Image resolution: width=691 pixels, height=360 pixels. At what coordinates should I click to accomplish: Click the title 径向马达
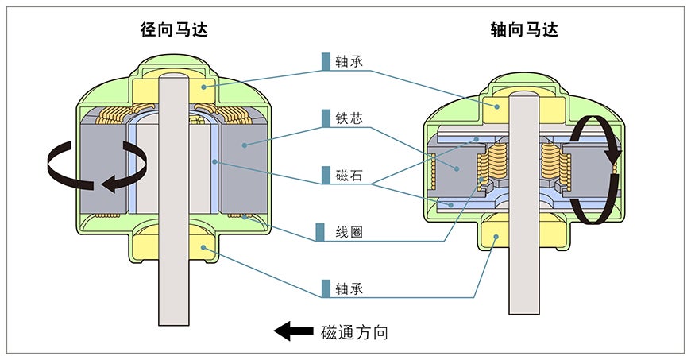(174, 30)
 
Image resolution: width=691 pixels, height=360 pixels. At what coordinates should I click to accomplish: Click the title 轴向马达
(524, 30)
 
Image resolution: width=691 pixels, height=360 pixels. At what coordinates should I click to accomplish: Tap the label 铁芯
(349, 118)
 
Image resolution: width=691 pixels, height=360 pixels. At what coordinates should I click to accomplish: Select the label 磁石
(349, 175)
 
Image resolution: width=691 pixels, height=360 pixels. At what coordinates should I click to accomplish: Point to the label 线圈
(349, 232)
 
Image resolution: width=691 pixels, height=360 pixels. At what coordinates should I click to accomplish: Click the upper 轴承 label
(349, 61)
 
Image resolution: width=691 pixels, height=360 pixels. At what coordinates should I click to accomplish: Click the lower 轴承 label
(349, 289)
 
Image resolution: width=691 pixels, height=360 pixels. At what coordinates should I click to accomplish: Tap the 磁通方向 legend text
(355, 331)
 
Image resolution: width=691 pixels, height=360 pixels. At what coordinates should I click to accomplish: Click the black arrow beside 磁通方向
(294, 331)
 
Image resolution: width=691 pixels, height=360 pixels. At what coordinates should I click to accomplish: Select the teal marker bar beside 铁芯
(326, 118)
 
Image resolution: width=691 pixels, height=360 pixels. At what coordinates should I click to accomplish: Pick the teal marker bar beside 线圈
(320, 232)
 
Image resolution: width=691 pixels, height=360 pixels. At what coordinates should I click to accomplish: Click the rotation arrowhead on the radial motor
(110, 182)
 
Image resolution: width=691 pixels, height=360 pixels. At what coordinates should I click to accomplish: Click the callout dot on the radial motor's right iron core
(244, 145)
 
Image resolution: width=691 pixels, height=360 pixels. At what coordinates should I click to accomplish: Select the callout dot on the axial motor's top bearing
(496, 106)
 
